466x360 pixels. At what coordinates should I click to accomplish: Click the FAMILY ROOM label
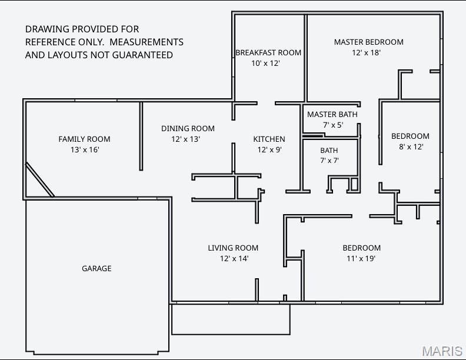tap(84, 139)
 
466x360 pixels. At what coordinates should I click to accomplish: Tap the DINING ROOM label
tap(188, 128)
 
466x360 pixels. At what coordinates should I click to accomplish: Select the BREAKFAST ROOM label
tap(268, 52)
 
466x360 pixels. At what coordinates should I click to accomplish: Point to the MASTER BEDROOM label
tap(368, 42)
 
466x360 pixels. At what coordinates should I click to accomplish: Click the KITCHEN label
tap(269, 139)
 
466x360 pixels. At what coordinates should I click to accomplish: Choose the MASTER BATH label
tap(332, 114)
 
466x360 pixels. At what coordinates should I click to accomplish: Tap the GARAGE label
tap(96, 268)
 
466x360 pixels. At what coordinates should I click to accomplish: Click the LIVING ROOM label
tap(233, 248)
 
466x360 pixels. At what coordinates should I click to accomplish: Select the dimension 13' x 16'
tap(84, 150)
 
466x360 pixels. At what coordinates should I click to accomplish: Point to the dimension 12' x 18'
tap(366, 52)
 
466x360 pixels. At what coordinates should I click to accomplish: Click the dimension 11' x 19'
tap(361, 258)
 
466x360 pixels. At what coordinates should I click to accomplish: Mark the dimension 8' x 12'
tap(411, 147)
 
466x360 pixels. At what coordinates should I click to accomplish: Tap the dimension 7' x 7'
tap(329, 161)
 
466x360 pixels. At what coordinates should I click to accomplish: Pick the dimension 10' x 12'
tap(265, 63)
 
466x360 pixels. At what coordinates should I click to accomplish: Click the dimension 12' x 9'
tap(269, 149)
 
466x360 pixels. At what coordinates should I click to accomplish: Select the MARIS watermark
tap(442, 351)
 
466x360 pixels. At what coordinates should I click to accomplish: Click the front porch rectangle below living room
tap(231, 319)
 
